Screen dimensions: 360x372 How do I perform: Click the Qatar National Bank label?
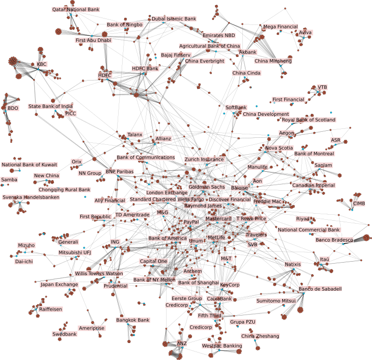(x=76, y=9)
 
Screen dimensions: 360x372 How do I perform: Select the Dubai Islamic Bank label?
(x=174, y=19)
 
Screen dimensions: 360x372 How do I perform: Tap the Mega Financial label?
(x=280, y=27)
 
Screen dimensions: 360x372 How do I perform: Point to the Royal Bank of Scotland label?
(x=309, y=120)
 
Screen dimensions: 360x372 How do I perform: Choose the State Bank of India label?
(x=50, y=106)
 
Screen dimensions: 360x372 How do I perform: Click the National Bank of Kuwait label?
(x=29, y=165)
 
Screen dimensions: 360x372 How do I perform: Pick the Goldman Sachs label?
(x=206, y=187)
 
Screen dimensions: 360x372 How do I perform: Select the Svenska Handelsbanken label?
(x=31, y=197)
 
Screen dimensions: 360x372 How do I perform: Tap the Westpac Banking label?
(x=222, y=346)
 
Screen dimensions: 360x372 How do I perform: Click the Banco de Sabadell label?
(x=320, y=289)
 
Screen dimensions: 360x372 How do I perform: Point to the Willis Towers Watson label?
(x=99, y=274)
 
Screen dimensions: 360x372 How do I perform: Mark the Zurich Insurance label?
(x=204, y=160)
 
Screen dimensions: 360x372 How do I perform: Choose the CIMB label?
(x=359, y=204)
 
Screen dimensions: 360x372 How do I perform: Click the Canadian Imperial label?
(x=314, y=185)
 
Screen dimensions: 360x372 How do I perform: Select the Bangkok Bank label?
(x=133, y=320)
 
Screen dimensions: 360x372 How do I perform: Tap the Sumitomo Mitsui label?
(x=276, y=301)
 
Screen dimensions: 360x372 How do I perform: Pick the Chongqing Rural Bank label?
(x=64, y=190)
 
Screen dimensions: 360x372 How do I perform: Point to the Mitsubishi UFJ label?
(x=75, y=253)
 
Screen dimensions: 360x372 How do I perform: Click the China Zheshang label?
(x=260, y=336)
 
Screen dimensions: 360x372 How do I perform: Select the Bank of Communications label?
(x=146, y=158)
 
